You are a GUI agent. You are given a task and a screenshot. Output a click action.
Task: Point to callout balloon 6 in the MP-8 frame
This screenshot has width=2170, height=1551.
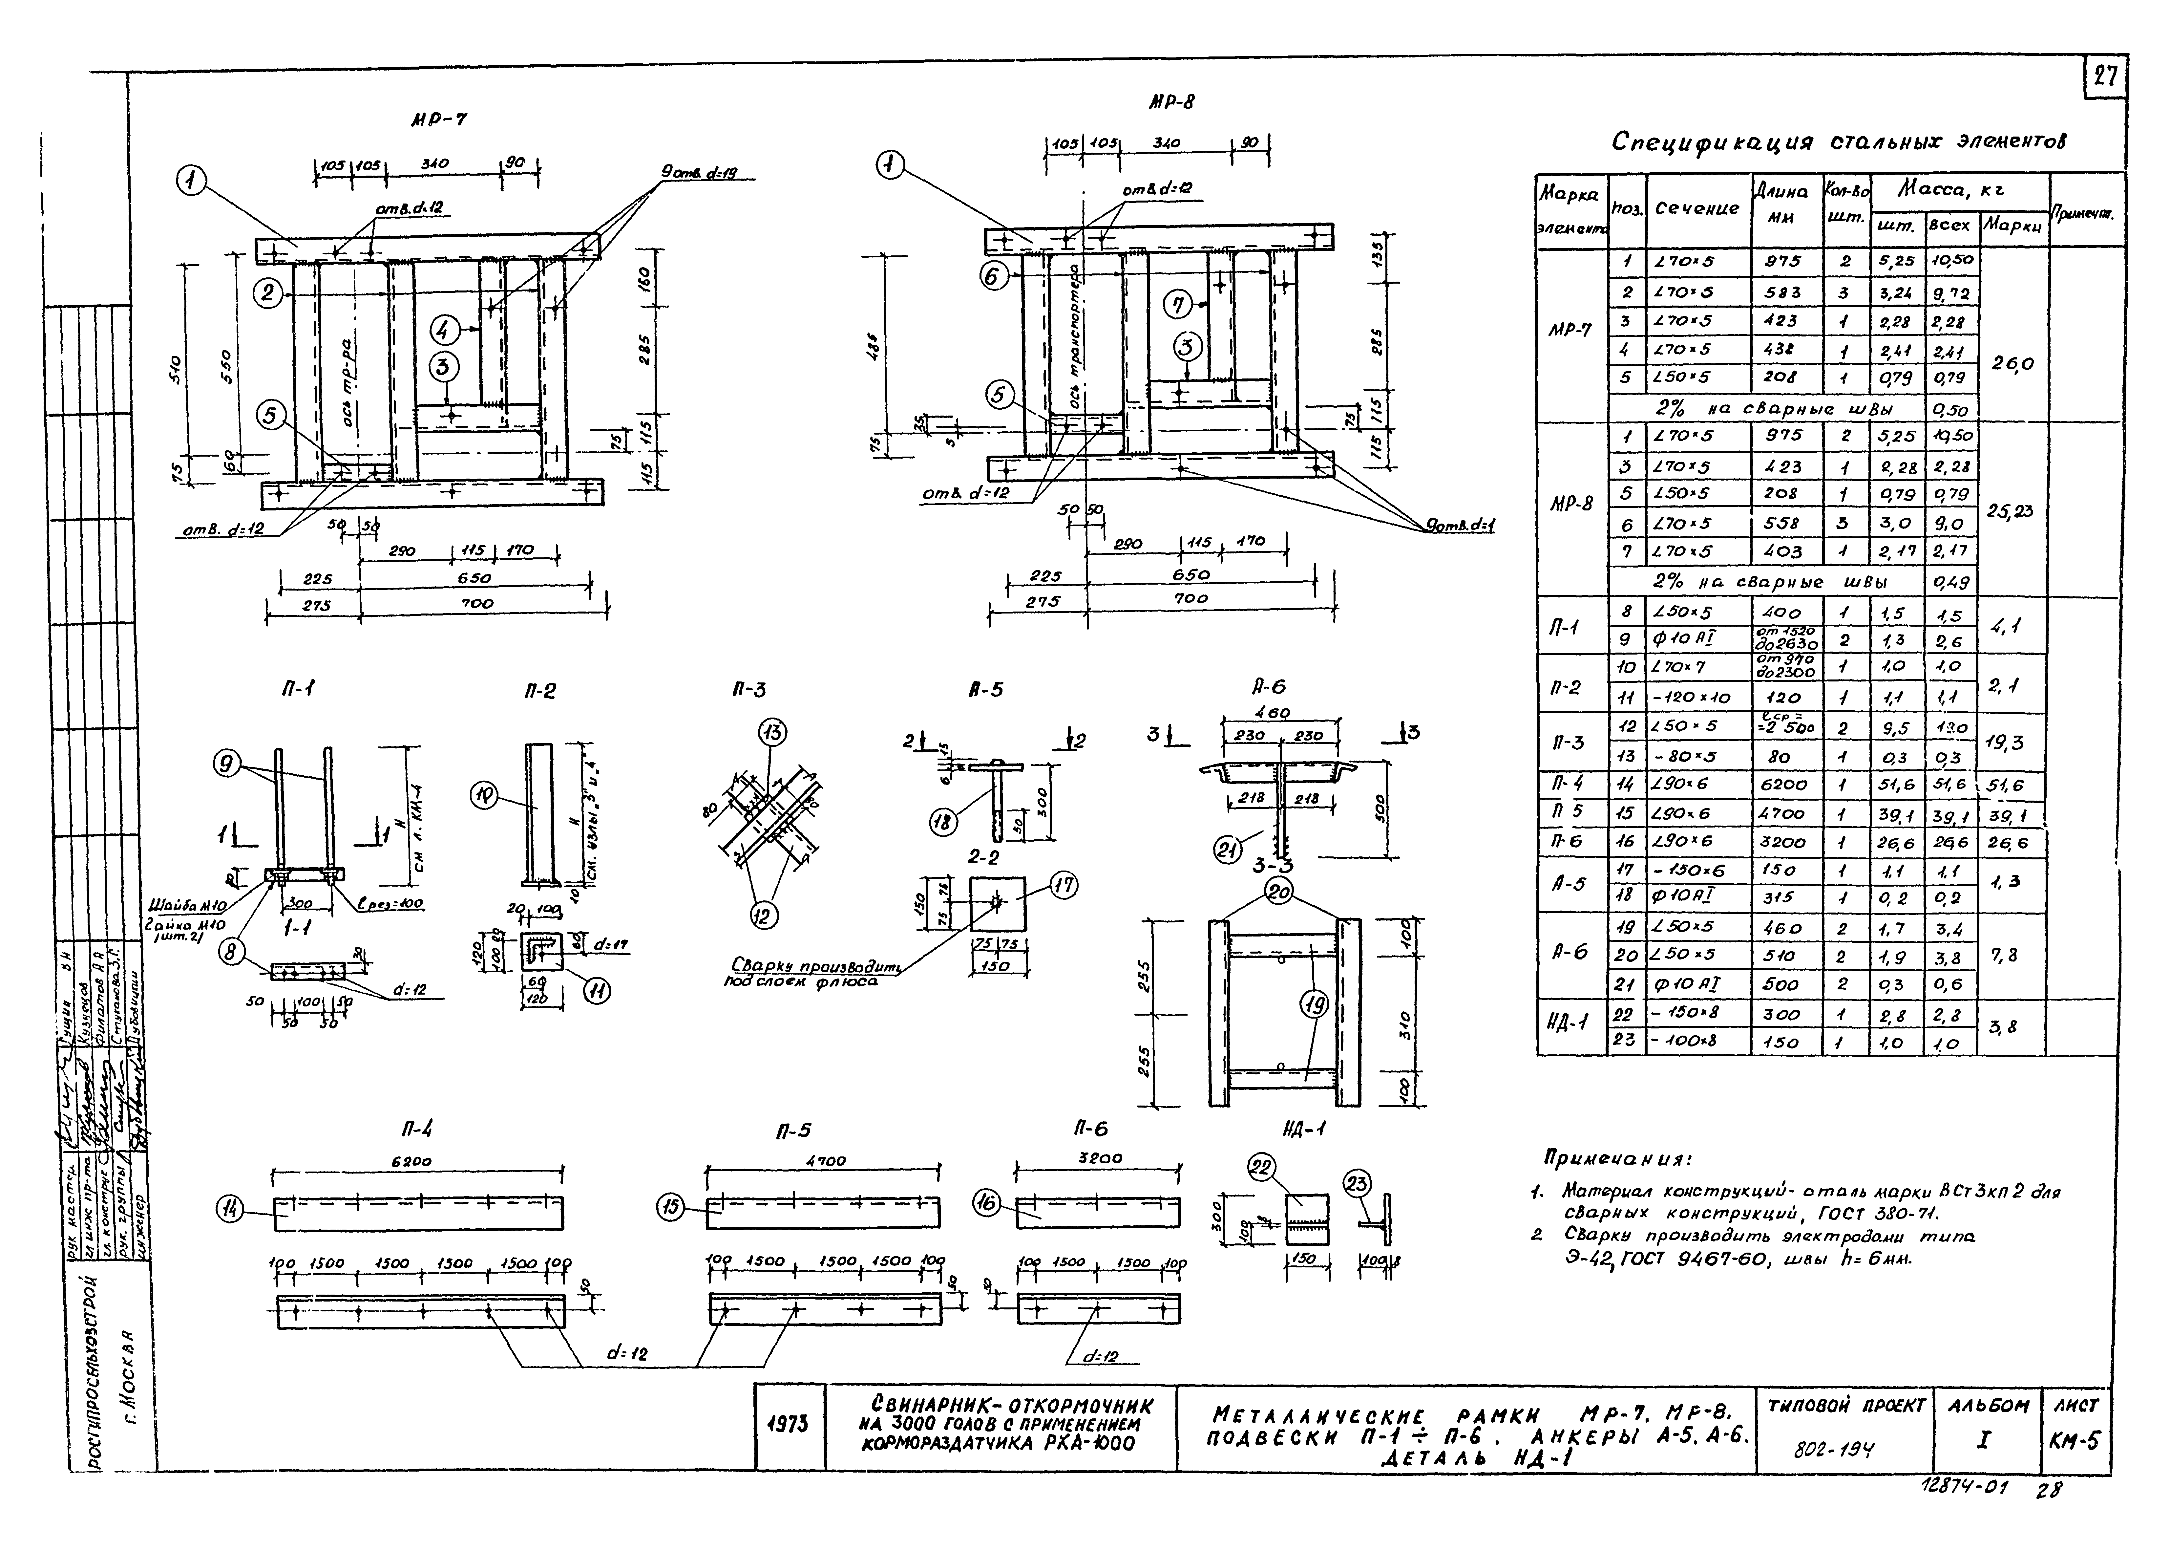point(993,276)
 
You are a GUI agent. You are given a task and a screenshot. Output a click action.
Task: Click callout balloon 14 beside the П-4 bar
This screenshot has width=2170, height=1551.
point(230,1210)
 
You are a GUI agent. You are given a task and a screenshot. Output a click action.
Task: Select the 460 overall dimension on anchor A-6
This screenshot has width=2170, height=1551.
point(1272,713)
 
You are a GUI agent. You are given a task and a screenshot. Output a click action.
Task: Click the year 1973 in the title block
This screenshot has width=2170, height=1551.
point(789,1427)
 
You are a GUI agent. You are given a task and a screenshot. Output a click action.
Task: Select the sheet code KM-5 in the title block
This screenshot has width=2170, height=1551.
point(2075,1441)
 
